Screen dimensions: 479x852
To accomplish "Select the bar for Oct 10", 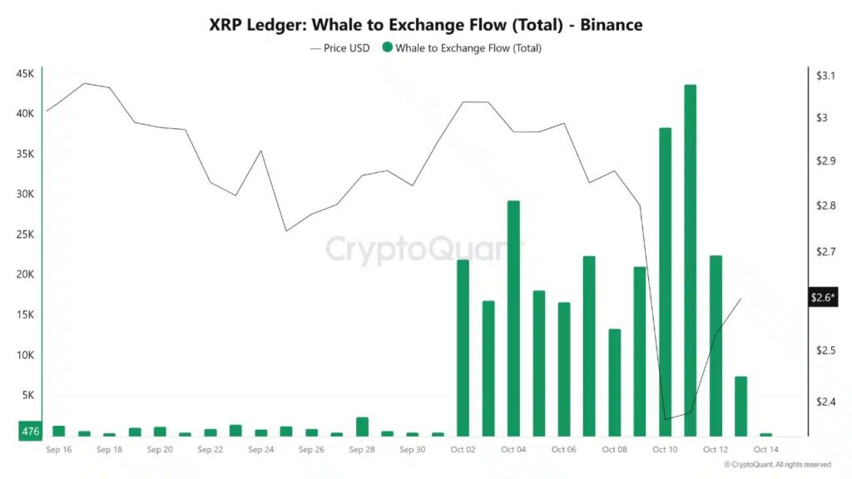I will point(665,282).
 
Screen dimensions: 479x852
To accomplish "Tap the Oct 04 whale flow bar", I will point(513,319).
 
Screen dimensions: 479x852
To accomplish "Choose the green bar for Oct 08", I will point(614,383).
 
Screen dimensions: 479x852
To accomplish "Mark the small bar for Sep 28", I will point(362,427).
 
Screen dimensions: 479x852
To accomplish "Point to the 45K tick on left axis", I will point(24,74).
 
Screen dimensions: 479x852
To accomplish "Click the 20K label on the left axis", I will point(24,274).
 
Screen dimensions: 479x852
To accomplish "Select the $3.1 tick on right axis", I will point(825,76).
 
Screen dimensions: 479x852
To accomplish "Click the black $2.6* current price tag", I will point(824,298).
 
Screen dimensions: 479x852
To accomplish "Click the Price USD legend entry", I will point(340,48).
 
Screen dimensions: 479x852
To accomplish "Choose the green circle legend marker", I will point(387,48).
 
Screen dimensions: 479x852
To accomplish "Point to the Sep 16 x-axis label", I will point(59,450).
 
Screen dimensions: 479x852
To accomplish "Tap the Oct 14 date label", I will point(765,450).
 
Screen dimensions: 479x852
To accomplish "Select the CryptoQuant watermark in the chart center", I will point(425,249).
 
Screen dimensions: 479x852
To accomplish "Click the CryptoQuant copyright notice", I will point(777,465).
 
